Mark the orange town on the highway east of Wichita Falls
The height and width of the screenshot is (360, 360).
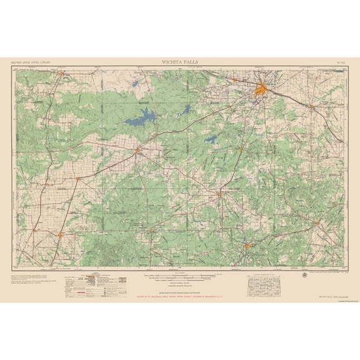312,106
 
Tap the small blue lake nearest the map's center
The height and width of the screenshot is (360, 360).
211,139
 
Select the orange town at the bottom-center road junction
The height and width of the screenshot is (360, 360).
248,246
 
